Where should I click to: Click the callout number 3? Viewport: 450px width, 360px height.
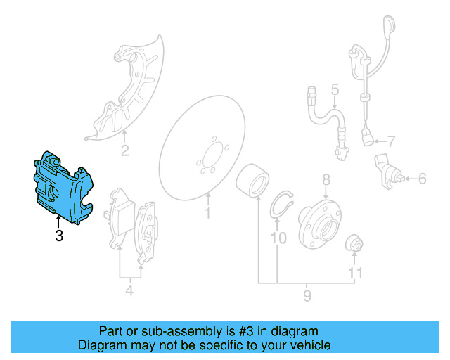[x=59, y=237]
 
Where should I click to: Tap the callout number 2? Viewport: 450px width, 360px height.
[x=124, y=150]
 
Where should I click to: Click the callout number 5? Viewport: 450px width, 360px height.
[x=335, y=89]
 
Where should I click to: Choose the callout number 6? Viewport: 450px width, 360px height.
[x=422, y=179]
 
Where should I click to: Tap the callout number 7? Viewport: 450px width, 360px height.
[x=392, y=140]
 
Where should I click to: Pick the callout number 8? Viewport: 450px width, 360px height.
[x=326, y=181]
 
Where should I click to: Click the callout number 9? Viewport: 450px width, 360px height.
[x=307, y=296]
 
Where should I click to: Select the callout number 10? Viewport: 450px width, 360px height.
[x=278, y=238]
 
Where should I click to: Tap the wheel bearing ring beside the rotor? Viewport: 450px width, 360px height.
[x=250, y=181]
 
